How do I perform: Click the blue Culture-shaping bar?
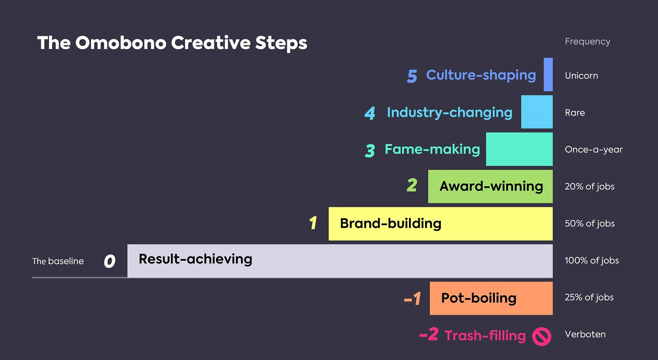coord(548,74)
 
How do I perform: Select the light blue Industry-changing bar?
coord(537,112)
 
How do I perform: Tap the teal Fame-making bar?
coord(519,149)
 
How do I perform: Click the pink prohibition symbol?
coord(542,336)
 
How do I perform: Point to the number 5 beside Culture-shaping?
coord(412,76)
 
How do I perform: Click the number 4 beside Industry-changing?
coord(370,113)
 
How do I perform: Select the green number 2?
coord(412,185)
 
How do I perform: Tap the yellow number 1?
coord(313,223)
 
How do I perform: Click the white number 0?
coord(109,261)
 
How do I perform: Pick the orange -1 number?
coord(413,299)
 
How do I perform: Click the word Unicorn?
coord(581,76)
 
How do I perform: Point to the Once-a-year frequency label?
coord(594,150)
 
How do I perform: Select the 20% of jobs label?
coord(590,187)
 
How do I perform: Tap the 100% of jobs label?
coord(592,260)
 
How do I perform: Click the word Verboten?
coord(585,334)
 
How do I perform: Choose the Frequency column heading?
coord(587,42)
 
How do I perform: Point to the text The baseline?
coord(58,261)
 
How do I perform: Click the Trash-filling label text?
coord(485,336)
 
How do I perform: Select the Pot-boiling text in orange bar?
coord(479,298)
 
